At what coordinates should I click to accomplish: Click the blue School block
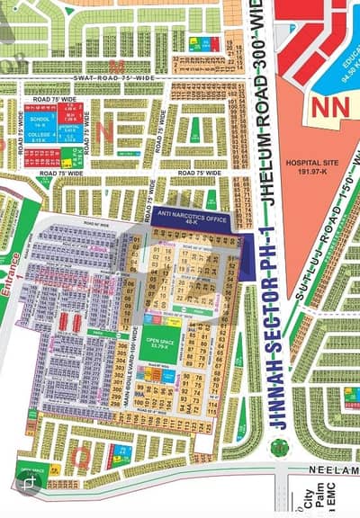(40, 121)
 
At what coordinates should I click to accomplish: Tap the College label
(39, 138)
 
